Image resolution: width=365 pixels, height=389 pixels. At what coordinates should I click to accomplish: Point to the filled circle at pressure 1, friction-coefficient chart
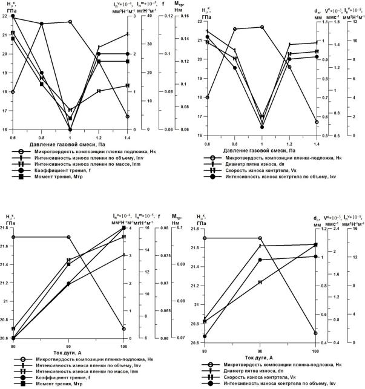(70, 129)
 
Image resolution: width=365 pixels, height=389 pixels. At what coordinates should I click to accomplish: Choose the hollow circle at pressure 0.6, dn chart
(207, 97)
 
